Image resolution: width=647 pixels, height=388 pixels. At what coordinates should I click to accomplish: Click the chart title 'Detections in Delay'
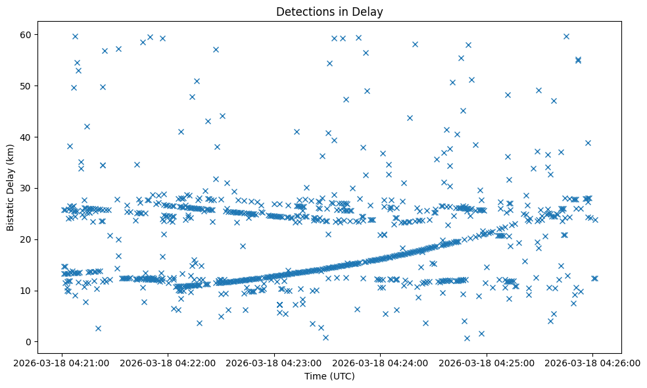point(329,11)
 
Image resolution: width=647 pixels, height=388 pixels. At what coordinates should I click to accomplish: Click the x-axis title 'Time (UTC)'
point(329,376)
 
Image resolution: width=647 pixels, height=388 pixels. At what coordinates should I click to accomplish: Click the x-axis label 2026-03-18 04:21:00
point(62,361)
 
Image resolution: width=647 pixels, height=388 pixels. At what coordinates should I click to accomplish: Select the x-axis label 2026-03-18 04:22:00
point(168,361)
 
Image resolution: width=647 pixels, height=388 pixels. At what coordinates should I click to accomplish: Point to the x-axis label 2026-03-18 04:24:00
point(381,361)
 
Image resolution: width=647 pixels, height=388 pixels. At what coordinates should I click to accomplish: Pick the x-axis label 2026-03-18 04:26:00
point(592,361)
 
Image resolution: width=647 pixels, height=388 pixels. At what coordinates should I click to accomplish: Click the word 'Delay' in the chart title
point(370,11)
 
